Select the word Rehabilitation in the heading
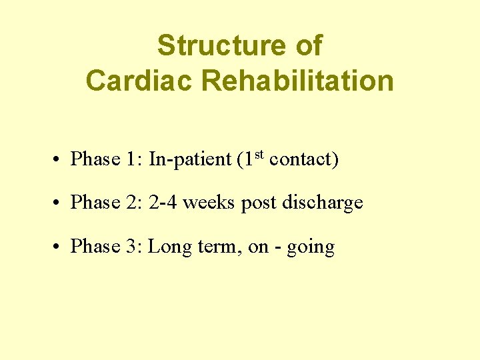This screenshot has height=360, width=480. click(297, 81)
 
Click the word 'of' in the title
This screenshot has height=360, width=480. click(307, 46)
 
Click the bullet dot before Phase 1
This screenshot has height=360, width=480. click(59, 161)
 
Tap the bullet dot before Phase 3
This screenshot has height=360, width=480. click(59, 248)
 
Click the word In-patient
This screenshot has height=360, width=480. click(189, 160)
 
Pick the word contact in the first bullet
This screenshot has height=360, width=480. click(300, 159)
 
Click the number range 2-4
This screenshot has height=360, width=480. click(163, 203)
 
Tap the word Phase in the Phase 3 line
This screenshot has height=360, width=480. click(95, 247)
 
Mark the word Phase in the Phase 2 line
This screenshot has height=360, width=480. click(95, 203)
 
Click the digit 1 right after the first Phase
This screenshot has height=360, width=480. click(131, 159)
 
